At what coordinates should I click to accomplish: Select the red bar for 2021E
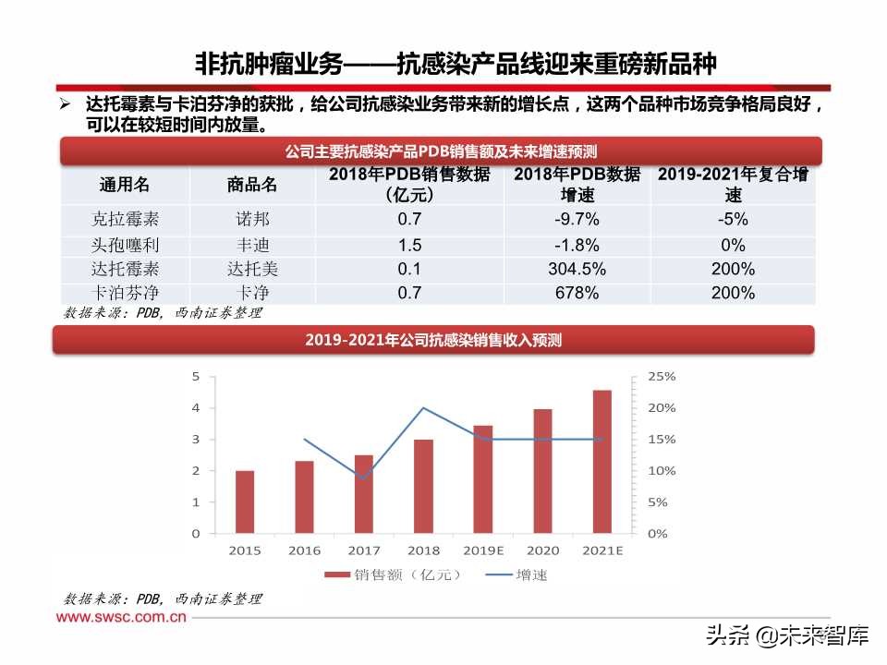coord(602,462)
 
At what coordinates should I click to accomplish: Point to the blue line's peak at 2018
coord(423,408)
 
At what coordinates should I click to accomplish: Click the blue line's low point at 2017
coord(364,478)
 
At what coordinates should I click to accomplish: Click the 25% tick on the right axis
coord(662,377)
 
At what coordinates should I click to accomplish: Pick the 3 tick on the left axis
coord(195,440)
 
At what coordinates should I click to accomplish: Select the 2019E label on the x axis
coord(483,550)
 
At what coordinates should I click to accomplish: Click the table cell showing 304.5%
coord(577,270)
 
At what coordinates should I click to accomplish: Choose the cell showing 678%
coord(577,294)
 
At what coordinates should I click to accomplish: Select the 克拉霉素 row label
coord(125,220)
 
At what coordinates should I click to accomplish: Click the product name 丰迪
coord(252,245)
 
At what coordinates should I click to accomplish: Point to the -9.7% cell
coord(577,220)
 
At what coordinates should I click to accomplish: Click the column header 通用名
coord(125,185)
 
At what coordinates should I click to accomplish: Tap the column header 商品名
coord(252,185)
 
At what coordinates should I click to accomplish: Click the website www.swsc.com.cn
coord(122,619)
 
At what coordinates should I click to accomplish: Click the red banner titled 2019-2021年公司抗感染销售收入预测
coord(433,340)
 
